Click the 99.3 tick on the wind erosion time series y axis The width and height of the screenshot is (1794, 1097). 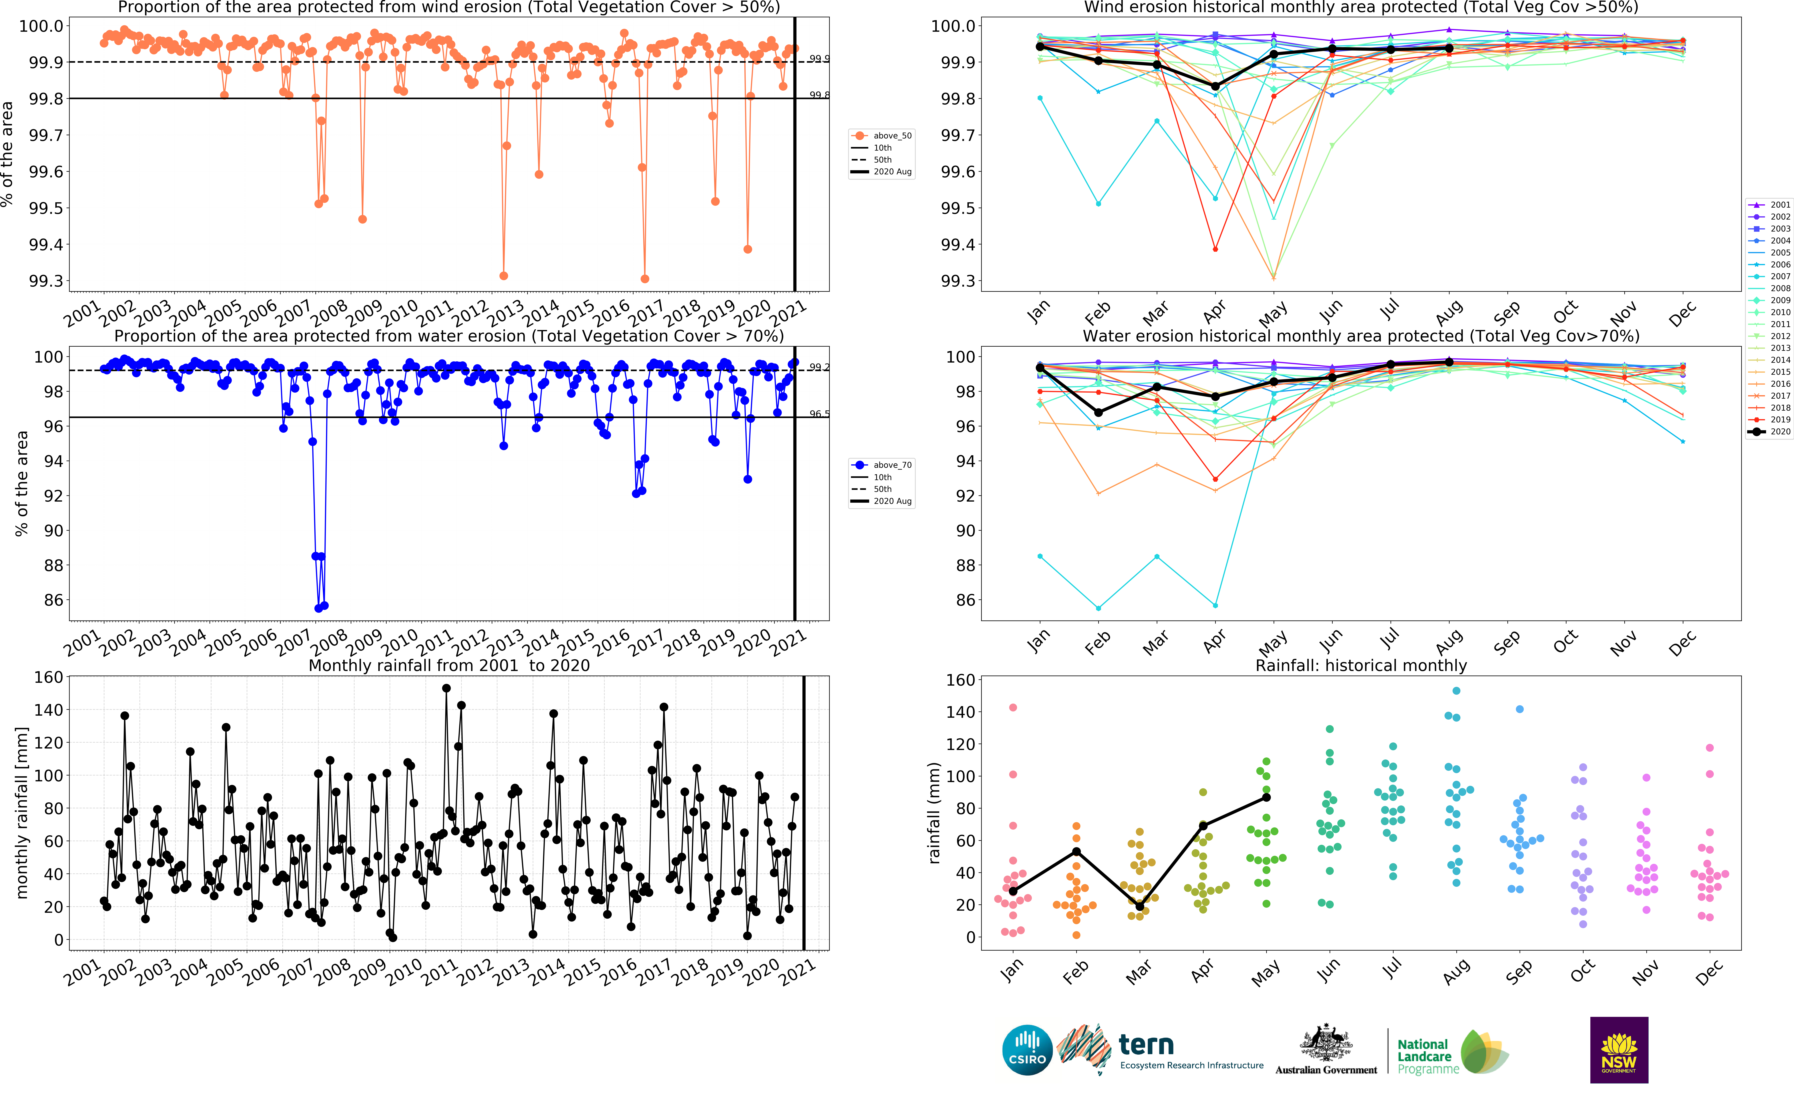46,281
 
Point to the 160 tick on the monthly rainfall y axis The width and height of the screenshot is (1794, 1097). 49,677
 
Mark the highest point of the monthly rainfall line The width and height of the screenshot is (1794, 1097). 446,688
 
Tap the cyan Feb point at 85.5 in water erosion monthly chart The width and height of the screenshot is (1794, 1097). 1099,608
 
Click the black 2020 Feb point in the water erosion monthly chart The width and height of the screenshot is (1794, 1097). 1099,412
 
